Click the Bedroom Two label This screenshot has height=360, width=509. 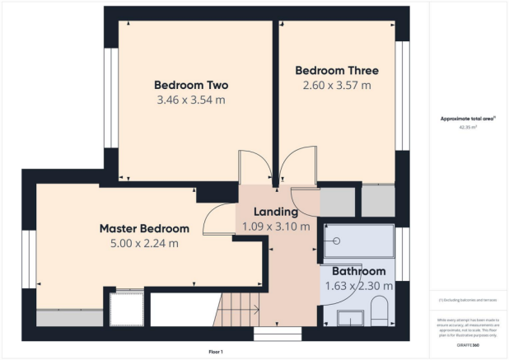191,85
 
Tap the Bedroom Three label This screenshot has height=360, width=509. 337,70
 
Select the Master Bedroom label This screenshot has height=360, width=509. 144,228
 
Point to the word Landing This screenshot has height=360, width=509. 275,212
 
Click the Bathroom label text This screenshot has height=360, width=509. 358,271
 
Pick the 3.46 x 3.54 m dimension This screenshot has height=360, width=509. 191,100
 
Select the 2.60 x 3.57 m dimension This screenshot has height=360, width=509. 337,85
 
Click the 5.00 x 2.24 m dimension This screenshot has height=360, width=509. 144,243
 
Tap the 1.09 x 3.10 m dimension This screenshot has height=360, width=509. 275,227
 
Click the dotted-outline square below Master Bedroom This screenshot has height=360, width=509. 126,308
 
